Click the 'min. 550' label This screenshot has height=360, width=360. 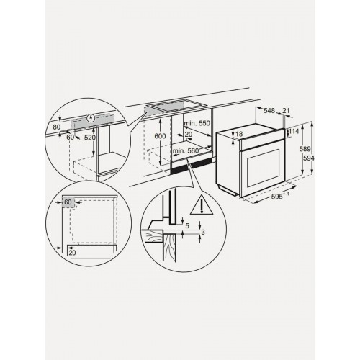click(194, 124)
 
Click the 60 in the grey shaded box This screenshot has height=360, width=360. click(68, 203)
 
